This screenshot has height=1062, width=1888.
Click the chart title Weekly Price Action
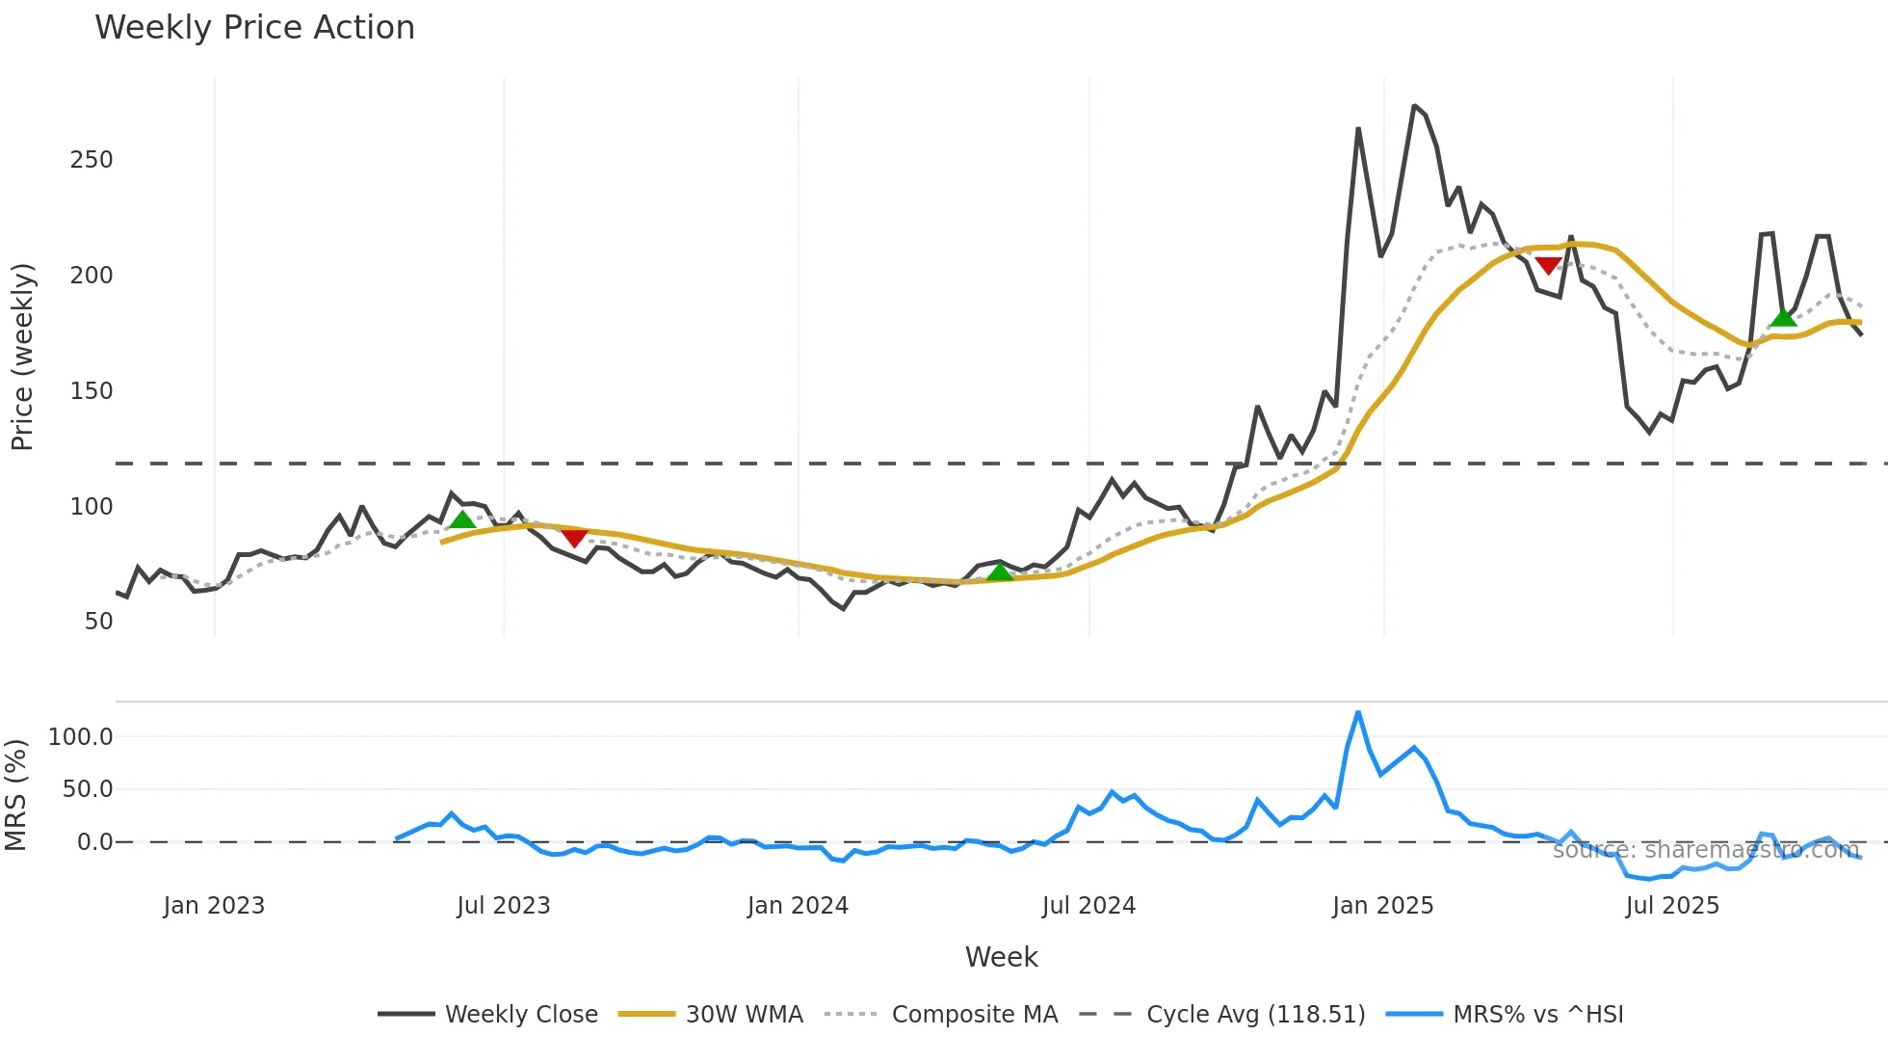[x=254, y=28]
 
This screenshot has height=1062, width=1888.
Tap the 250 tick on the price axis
[x=92, y=160]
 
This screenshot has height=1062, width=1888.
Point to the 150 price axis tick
[x=92, y=391]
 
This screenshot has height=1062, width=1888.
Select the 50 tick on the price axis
[x=98, y=622]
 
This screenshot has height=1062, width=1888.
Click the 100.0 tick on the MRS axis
[x=81, y=737]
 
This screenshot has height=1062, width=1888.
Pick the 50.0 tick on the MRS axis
[x=88, y=789]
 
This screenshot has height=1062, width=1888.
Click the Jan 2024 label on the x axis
[x=798, y=906]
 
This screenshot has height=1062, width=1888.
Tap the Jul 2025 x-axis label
[x=1672, y=906]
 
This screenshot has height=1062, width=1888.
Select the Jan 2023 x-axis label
[x=214, y=906]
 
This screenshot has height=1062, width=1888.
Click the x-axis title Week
[x=1001, y=957]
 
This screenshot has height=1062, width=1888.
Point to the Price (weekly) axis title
[x=22, y=357]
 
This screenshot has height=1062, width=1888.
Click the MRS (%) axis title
[x=16, y=795]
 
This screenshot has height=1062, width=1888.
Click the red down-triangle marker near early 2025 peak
[x=1549, y=265]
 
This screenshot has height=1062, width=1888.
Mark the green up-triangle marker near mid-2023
[x=462, y=520]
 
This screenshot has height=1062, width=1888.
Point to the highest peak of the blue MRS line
[x=1358, y=713]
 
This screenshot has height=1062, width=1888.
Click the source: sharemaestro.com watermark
[x=1705, y=850]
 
